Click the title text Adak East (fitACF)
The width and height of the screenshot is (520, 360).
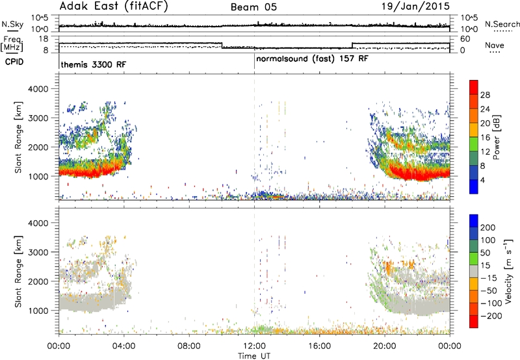pos(114,6)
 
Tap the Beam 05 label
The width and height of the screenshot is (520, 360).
pos(253,7)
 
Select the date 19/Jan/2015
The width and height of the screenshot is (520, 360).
pos(415,6)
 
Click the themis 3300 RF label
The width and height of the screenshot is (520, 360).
pos(94,64)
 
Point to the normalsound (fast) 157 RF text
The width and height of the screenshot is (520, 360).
pos(312,59)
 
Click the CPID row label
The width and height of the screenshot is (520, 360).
pos(14,62)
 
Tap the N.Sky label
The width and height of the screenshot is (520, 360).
pos(12,24)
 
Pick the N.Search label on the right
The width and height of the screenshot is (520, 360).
pos(502,24)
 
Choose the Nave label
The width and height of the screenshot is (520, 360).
pos(495,45)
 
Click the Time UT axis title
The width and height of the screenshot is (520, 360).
pos(254,356)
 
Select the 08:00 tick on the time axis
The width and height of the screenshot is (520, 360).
pos(189,346)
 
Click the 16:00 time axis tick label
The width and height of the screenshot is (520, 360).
pos(319,346)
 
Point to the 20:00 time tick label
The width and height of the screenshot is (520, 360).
pos(385,346)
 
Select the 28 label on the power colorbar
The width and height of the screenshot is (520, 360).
pos(485,95)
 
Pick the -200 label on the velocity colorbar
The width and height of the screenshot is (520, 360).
pos(491,316)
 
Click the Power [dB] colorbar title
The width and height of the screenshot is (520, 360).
pos(497,137)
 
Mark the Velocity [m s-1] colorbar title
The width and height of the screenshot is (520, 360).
pos(508,271)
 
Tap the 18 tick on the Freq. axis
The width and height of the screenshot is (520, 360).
pos(44,39)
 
